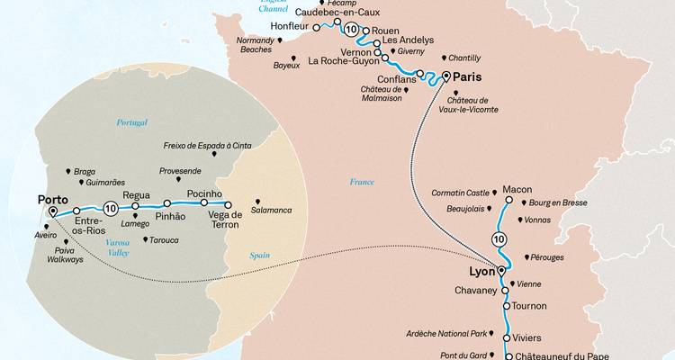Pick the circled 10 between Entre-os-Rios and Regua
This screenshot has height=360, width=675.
(111, 208)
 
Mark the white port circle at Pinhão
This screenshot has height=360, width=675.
(166, 204)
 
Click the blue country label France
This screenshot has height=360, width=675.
(363, 182)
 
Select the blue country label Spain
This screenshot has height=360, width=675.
(259, 256)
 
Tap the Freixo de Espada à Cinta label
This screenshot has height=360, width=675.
(207, 145)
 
